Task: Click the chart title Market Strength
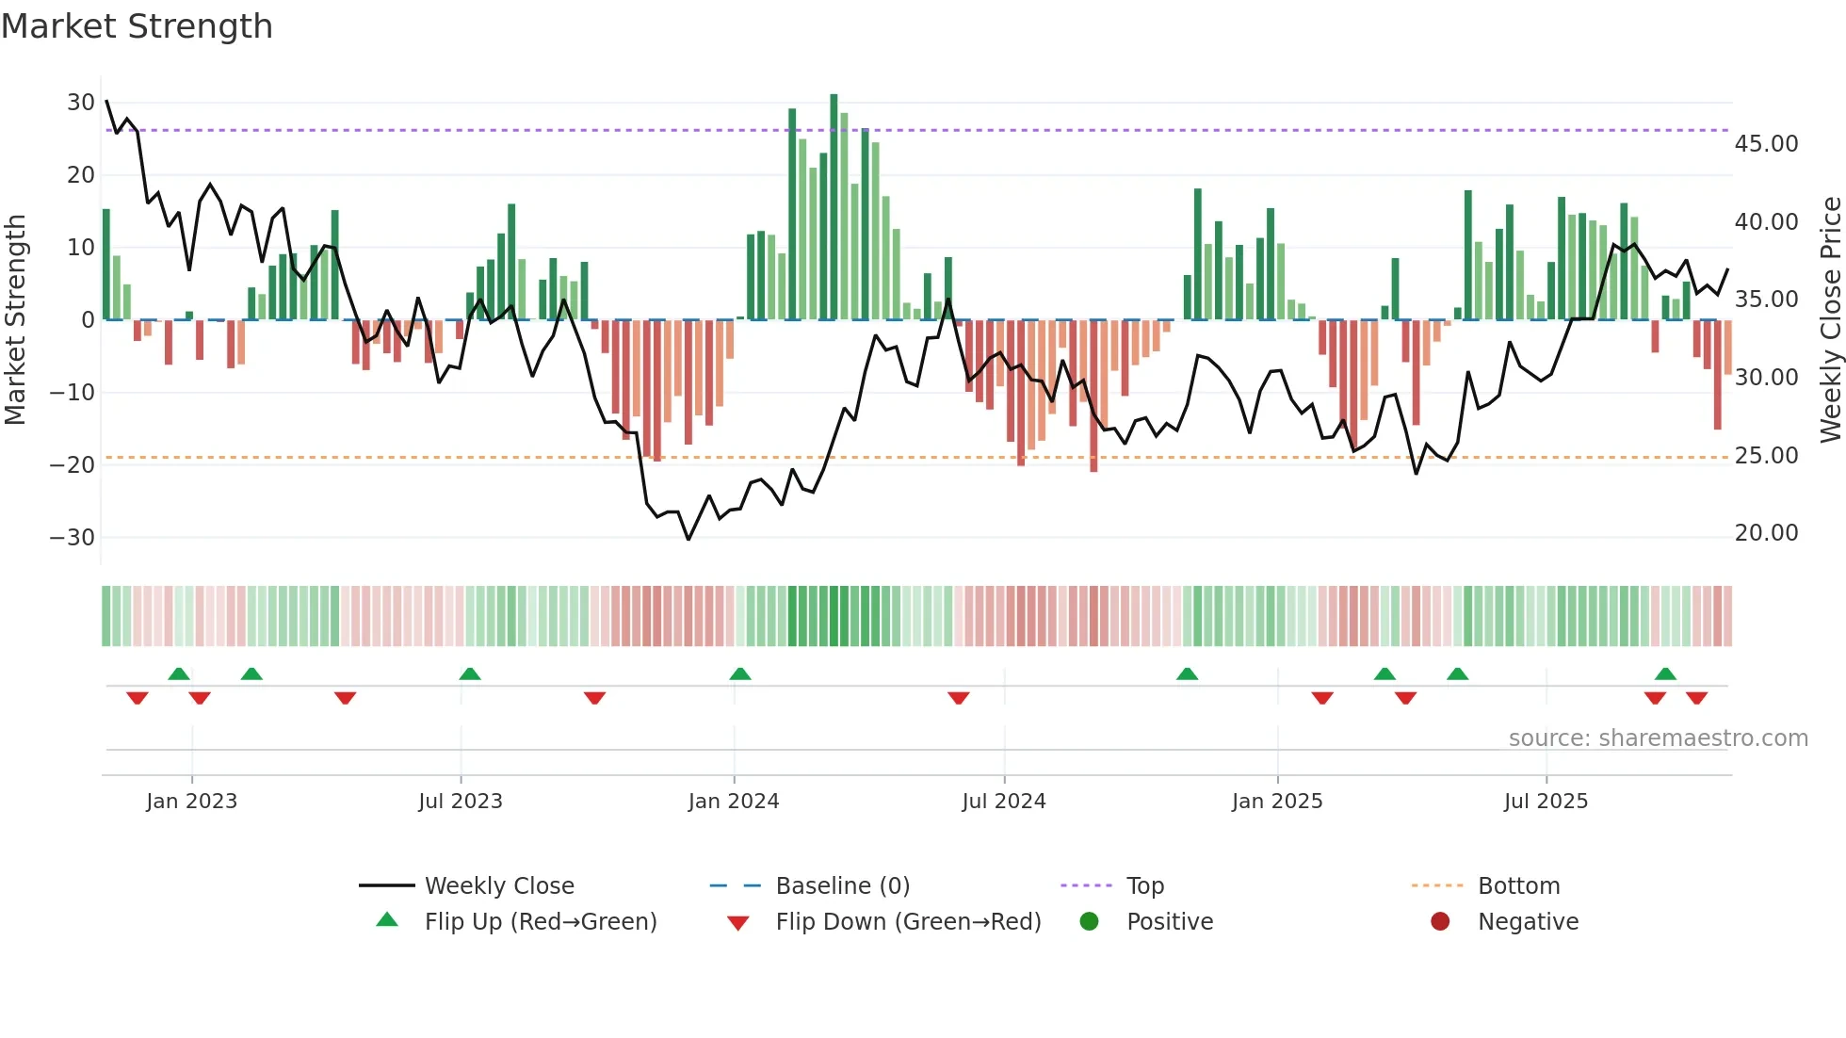tap(137, 26)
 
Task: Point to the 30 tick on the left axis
tap(81, 103)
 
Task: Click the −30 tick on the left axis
tap(73, 538)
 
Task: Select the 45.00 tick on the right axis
tap(1766, 144)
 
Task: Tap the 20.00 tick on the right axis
tap(1766, 533)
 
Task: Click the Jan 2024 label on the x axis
tap(734, 802)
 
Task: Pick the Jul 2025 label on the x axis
tap(1546, 802)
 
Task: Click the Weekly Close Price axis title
tap(1830, 319)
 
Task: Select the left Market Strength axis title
tap(15, 319)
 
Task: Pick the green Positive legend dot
tap(1090, 922)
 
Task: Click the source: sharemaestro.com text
tap(1658, 738)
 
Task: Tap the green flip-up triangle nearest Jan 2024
tap(740, 673)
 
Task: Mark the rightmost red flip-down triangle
tap(1697, 698)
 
